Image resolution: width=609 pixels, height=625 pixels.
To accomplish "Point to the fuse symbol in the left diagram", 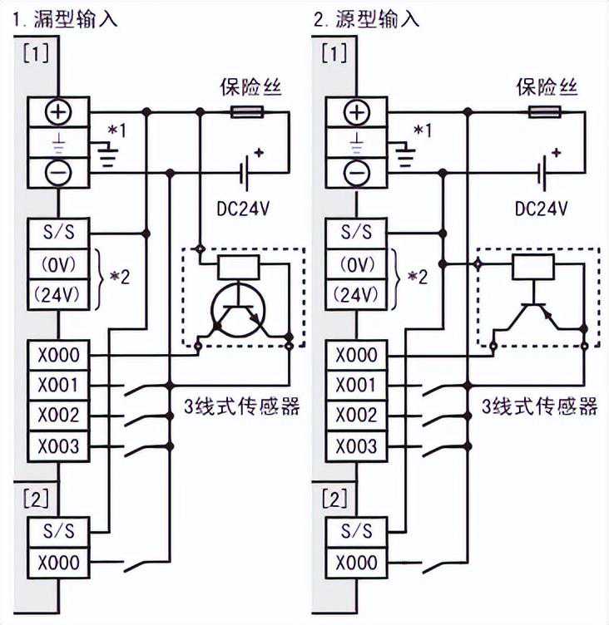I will point(247,111).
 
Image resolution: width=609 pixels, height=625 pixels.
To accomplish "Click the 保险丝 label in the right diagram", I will point(547,86).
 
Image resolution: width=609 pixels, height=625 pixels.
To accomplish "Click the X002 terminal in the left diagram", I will point(57,415).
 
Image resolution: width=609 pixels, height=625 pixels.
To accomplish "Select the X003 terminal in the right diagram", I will point(357,446).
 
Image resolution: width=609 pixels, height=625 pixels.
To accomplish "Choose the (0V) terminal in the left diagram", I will point(57,264).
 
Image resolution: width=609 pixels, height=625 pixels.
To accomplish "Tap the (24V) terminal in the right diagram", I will point(357,294).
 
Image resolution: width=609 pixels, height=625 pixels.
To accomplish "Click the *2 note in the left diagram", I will point(121,278).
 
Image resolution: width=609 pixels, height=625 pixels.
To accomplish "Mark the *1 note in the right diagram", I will point(421,130).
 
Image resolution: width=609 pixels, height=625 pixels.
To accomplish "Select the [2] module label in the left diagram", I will point(37,500).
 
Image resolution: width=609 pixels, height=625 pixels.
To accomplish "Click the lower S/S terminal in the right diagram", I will point(357,531).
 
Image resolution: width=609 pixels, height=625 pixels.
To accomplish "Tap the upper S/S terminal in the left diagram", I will point(57,233).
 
